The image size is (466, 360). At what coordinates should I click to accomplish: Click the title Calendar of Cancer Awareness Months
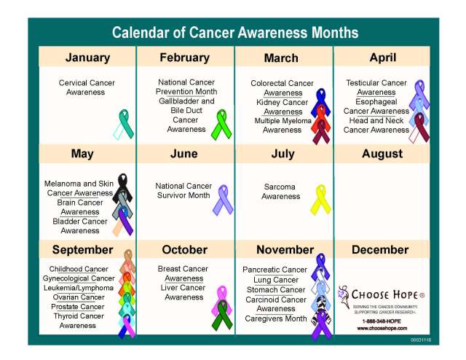click(234, 33)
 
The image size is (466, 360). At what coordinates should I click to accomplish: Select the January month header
click(87, 58)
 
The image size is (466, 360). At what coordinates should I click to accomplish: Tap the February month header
click(185, 58)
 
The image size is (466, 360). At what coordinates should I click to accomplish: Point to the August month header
click(382, 154)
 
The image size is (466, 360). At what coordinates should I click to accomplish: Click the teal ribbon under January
click(123, 123)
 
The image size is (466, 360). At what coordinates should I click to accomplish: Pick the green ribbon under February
click(219, 124)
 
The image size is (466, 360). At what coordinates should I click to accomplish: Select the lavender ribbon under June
click(221, 199)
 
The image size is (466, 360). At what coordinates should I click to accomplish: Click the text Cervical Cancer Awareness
click(87, 87)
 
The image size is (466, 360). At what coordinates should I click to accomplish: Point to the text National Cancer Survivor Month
click(183, 190)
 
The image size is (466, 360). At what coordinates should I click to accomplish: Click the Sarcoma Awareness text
click(280, 192)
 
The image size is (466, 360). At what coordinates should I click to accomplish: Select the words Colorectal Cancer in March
click(282, 84)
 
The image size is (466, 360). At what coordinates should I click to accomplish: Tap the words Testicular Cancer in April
click(376, 83)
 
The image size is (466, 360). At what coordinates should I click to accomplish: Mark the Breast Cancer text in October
click(183, 269)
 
